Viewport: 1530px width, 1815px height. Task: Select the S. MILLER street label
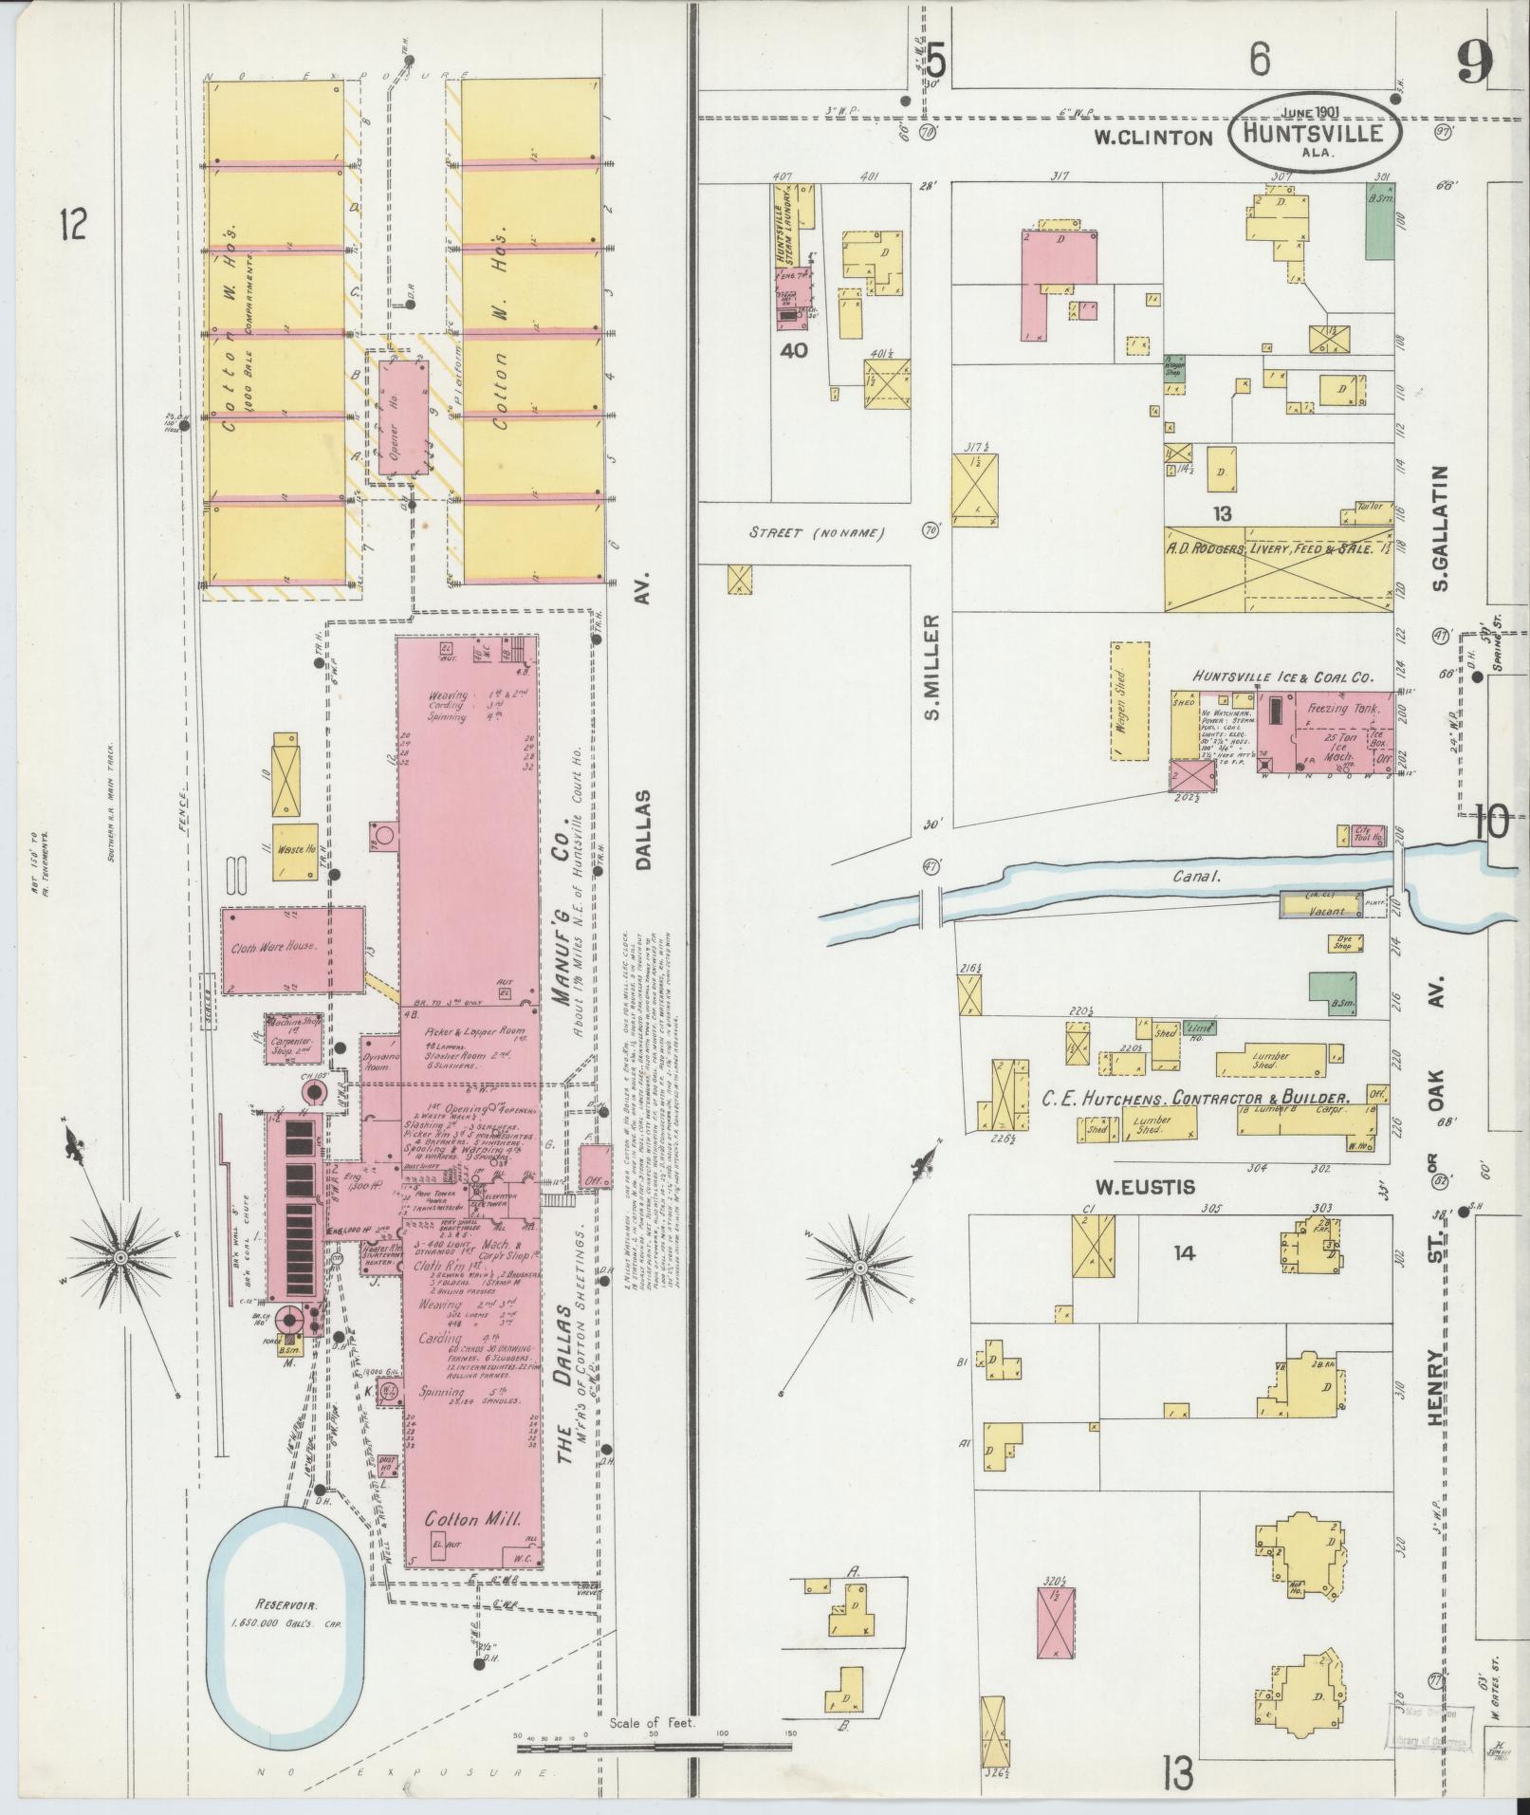[931, 668]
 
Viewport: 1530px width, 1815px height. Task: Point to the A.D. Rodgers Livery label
[1271, 550]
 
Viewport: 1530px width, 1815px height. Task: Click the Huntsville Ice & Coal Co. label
[1283, 677]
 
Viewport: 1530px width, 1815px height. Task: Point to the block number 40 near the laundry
[793, 350]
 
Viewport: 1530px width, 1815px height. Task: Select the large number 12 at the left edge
[72, 225]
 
